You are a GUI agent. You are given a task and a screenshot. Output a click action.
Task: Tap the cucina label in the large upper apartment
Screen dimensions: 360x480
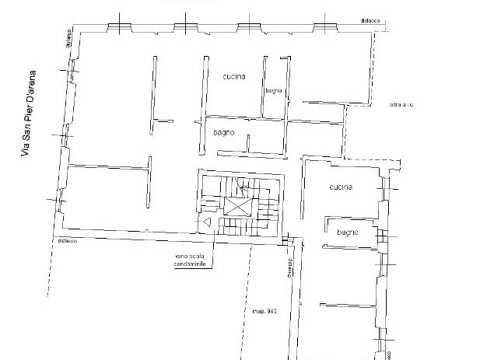[x=233, y=76]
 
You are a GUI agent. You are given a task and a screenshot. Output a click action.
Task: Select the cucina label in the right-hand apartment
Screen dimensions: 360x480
[x=340, y=187]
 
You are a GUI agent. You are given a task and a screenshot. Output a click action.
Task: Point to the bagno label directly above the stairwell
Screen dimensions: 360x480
[x=224, y=133]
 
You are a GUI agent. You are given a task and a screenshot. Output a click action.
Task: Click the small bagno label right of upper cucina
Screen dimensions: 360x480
[x=273, y=91]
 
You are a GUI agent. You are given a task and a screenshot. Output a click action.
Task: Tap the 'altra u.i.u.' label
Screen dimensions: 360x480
[x=401, y=105]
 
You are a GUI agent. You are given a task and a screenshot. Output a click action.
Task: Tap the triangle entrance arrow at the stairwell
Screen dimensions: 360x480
[x=208, y=222]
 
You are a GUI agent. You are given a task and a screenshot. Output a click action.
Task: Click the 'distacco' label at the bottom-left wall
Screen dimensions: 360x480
[x=66, y=241]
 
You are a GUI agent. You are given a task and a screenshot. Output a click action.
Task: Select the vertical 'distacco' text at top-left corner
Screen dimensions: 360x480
[x=68, y=40]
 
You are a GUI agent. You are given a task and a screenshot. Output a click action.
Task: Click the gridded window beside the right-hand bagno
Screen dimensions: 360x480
[x=380, y=235]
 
